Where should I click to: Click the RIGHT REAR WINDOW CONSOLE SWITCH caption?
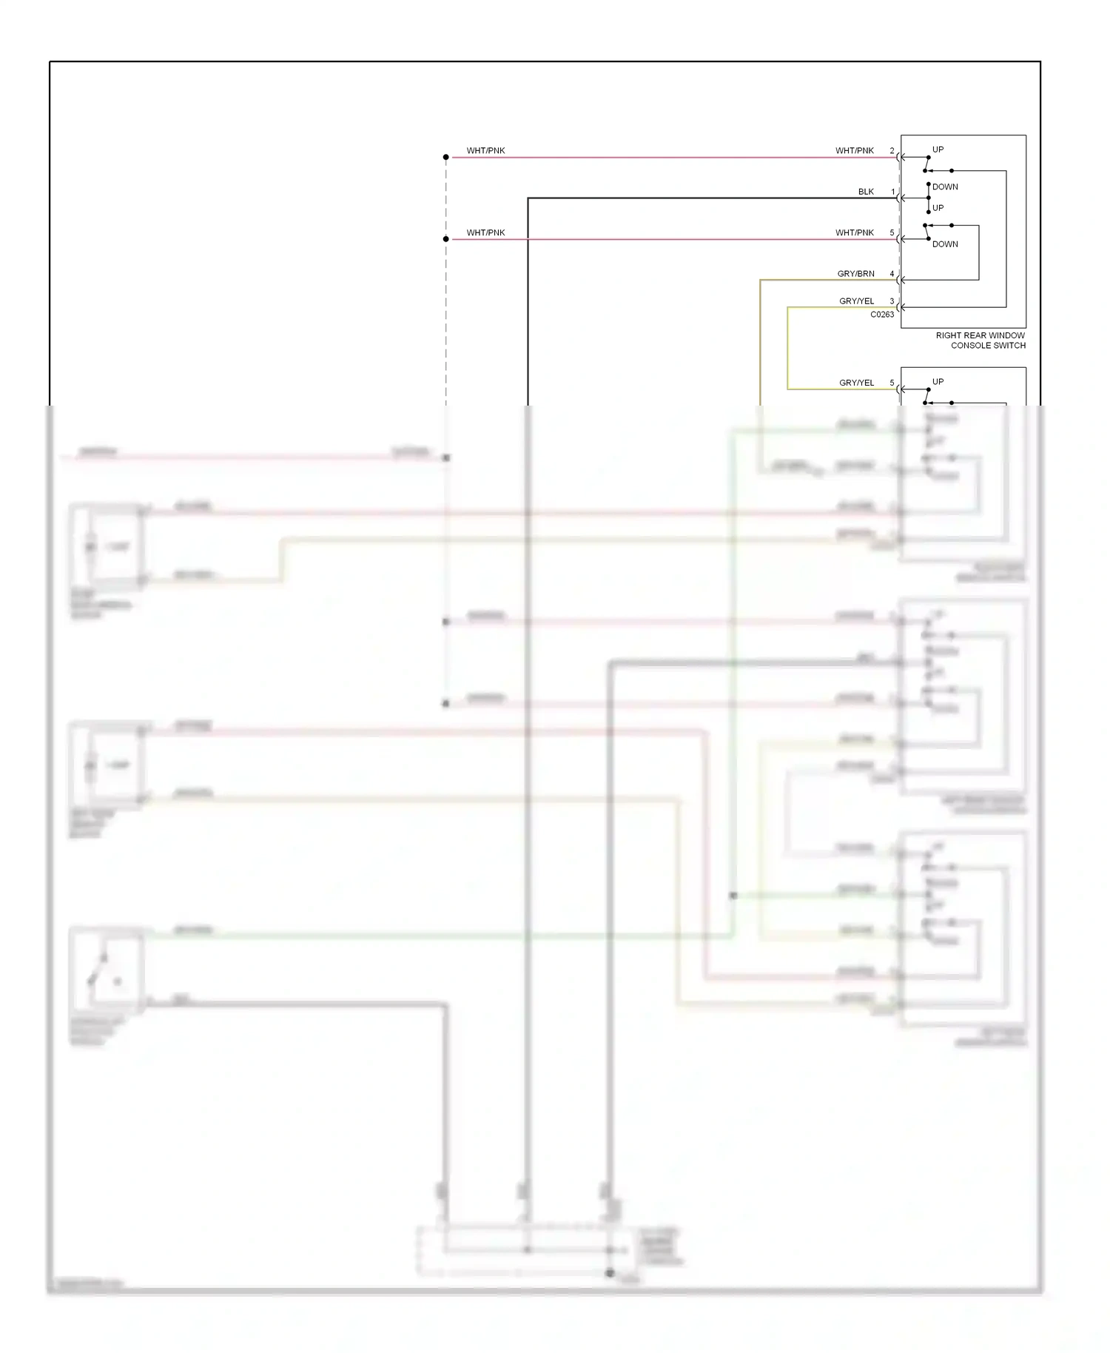pos(980,340)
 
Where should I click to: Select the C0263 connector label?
pos(881,315)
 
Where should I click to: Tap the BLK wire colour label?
pos(866,192)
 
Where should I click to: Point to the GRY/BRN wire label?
pos(855,274)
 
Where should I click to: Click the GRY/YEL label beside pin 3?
pos(856,301)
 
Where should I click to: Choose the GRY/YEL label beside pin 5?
pos(856,383)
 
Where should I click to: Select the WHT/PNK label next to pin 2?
pos(854,151)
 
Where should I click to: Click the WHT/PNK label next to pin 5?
pos(854,233)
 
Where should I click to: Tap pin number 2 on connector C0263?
pos(892,151)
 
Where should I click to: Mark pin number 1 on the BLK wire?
pos(892,192)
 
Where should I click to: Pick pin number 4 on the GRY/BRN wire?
pos(892,274)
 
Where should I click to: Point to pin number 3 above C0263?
pos(892,301)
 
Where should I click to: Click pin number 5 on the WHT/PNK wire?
pos(892,233)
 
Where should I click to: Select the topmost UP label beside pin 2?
pos(938,150)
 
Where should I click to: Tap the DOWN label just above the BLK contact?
pos(945,187)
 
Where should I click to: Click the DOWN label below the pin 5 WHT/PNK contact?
pos(945,244)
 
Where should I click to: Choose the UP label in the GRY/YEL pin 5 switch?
pos(938,382)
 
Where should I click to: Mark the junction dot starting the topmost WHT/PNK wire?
pos(446,157)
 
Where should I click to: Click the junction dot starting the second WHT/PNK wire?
pos(446,239)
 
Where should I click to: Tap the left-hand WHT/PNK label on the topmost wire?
pos(485,151)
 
